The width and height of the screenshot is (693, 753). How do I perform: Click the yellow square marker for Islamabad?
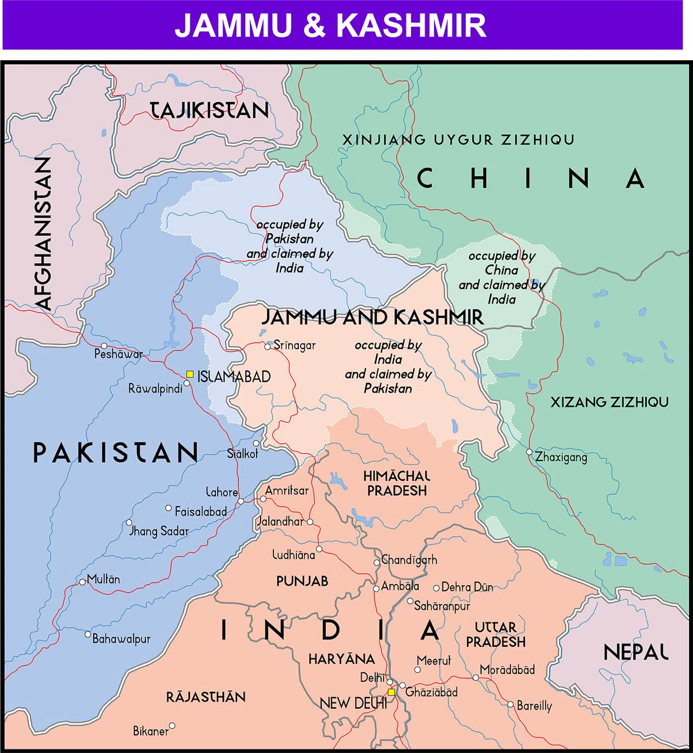pyautogui.click(x=190, y=374)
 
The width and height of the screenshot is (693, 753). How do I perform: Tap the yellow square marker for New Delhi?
pyautogui.click(x=391, y=692)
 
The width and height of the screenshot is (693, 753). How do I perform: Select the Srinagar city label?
pyautogui.click(x=295, y=345)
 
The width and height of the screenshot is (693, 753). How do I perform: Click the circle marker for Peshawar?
pyautogui.click(x=104, y=346)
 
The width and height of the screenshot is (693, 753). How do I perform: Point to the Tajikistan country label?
pyautogui.click(x=209, y=110)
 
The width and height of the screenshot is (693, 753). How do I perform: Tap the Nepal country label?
pyautogui.click(x=636, y=652)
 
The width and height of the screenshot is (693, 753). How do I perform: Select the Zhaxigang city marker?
pyautogui.click(x=529, y=452)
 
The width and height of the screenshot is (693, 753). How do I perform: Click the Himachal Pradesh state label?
pyautogui.click(x=397, y=483)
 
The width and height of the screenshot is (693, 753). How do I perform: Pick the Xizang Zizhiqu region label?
pyautogui.click(x=609, y=402)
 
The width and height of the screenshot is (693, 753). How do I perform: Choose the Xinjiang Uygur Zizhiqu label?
pyautogui.click(x=458, y=140)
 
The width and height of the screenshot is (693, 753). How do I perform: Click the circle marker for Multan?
pyautogui.click(x=82, y=582)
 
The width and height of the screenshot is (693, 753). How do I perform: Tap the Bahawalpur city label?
pyautogui.click(x=121, y=639)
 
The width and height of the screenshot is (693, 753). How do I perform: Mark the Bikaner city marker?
pyautogui.click(x=172, y=726)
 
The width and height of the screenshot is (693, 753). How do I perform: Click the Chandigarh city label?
pyautogui.click(x=409, y=560)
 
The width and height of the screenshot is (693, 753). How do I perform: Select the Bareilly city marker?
pyautogui.click(x=511, y=704)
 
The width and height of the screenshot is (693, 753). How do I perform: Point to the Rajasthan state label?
pyautogui.click(x=205, y=697)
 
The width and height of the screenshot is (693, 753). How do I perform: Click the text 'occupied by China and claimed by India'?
pyautogui.click(x=501, y=277)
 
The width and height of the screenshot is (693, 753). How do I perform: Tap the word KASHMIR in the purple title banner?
pyautogui.click(x=411, y=25)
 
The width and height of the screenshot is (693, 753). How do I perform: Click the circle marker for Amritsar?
pyautogui.click(x=263, y=499)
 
